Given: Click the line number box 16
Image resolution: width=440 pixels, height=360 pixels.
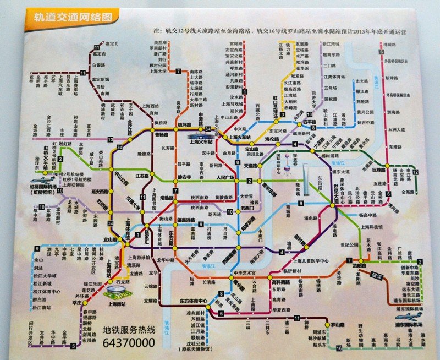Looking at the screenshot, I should (339, 348).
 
